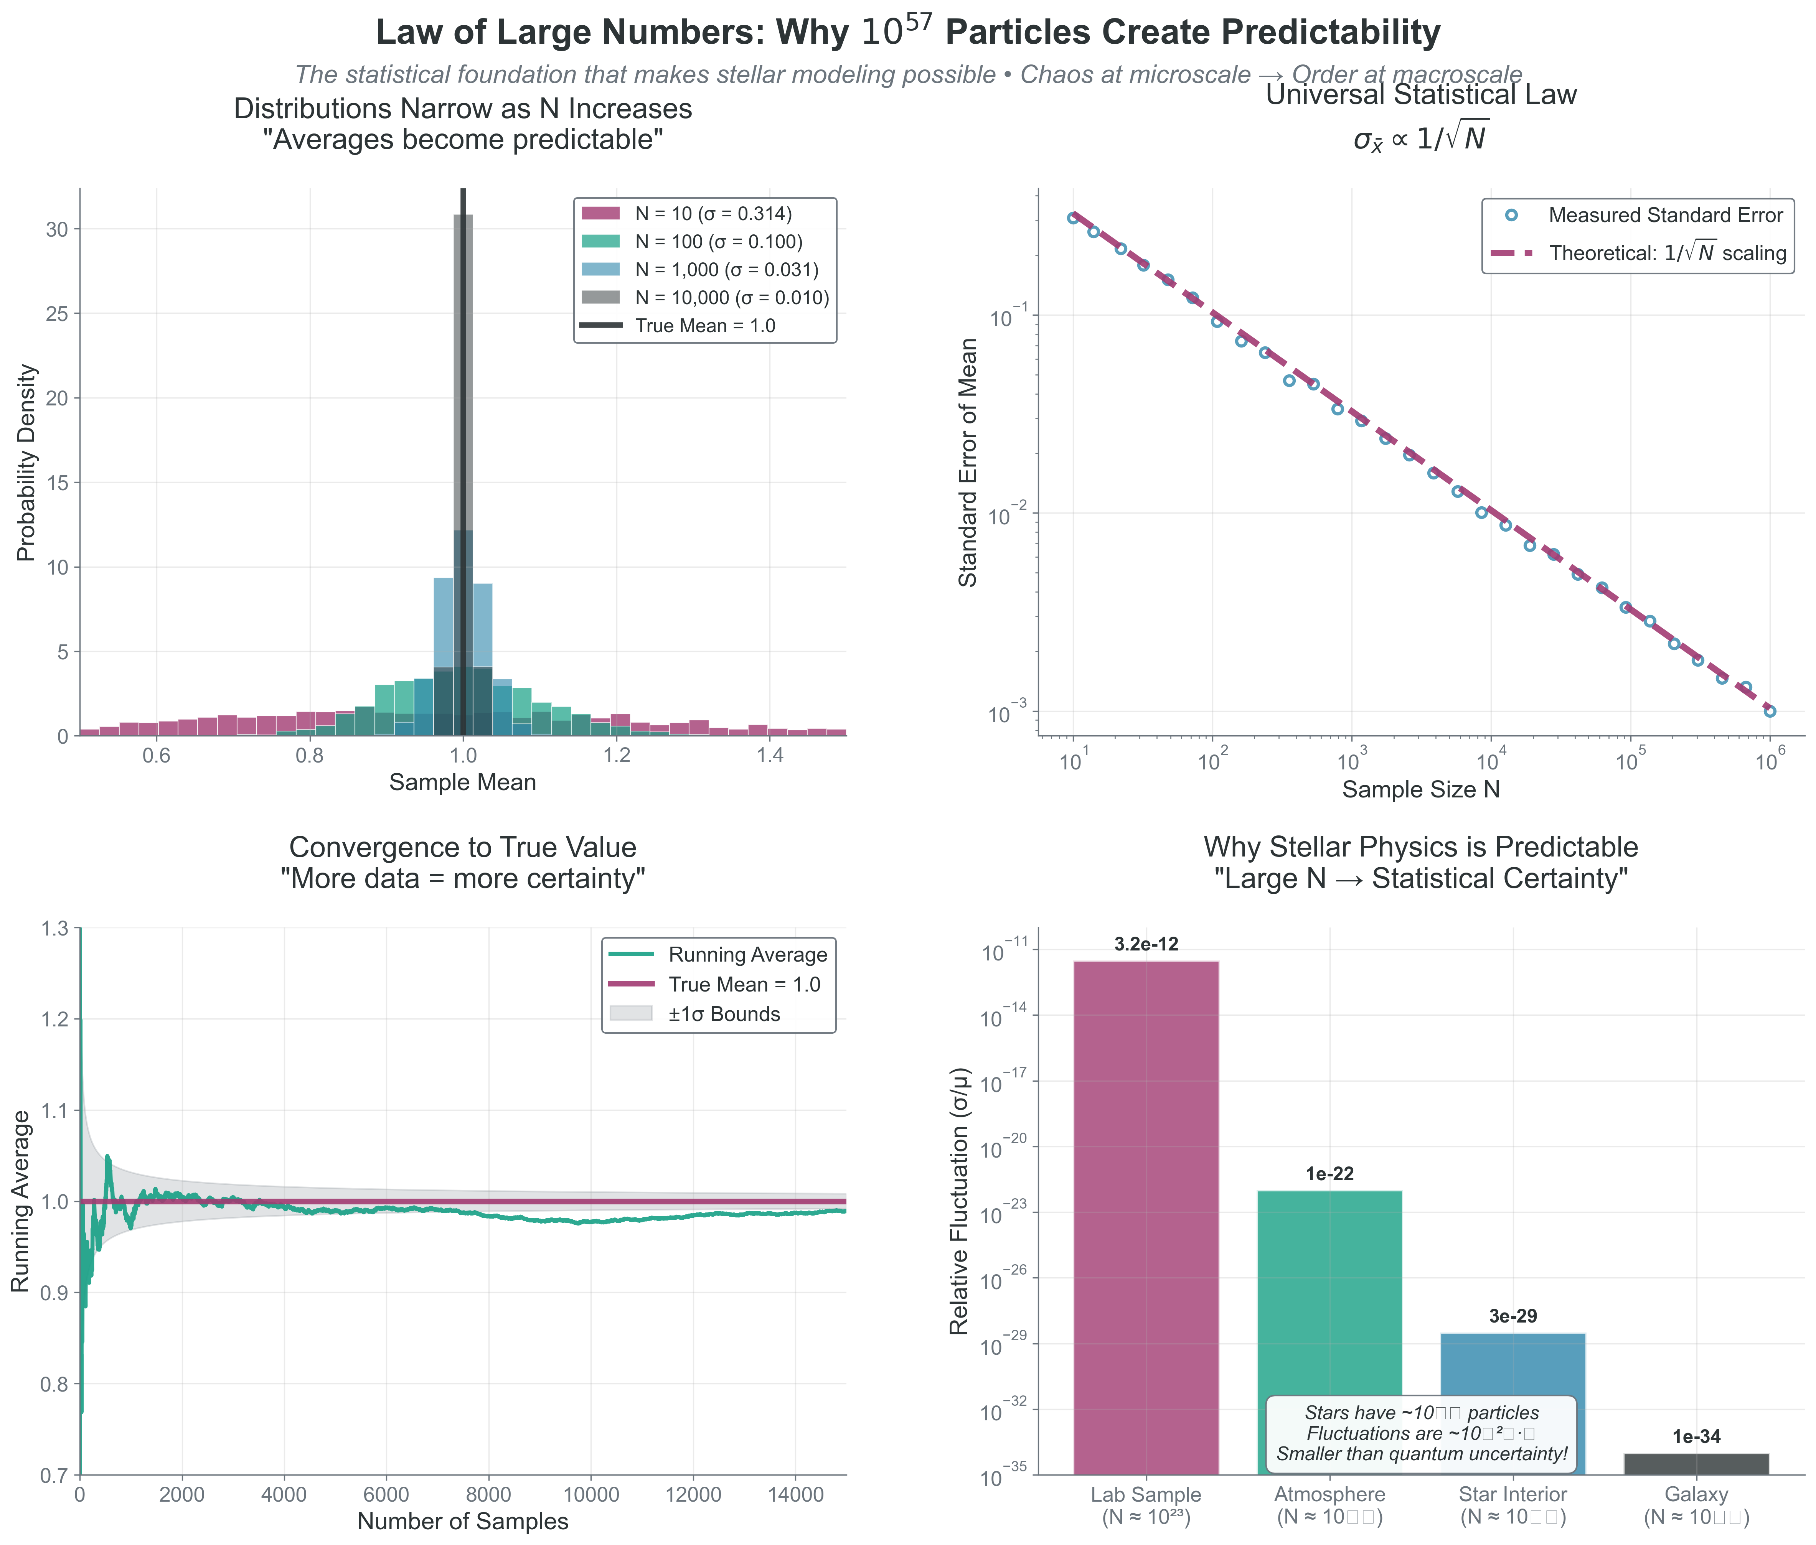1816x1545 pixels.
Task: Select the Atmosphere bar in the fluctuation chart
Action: point(1329,1296)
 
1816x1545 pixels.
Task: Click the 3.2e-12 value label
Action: point(1146,944)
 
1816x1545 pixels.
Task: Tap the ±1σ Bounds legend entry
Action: point(723,1014)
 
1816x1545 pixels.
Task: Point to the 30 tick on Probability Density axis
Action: point(56,229)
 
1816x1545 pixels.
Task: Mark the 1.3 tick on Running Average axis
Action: point(54,928)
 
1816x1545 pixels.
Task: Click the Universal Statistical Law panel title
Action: point(1420,95)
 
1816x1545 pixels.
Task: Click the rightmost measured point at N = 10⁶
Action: point(1769,711)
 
